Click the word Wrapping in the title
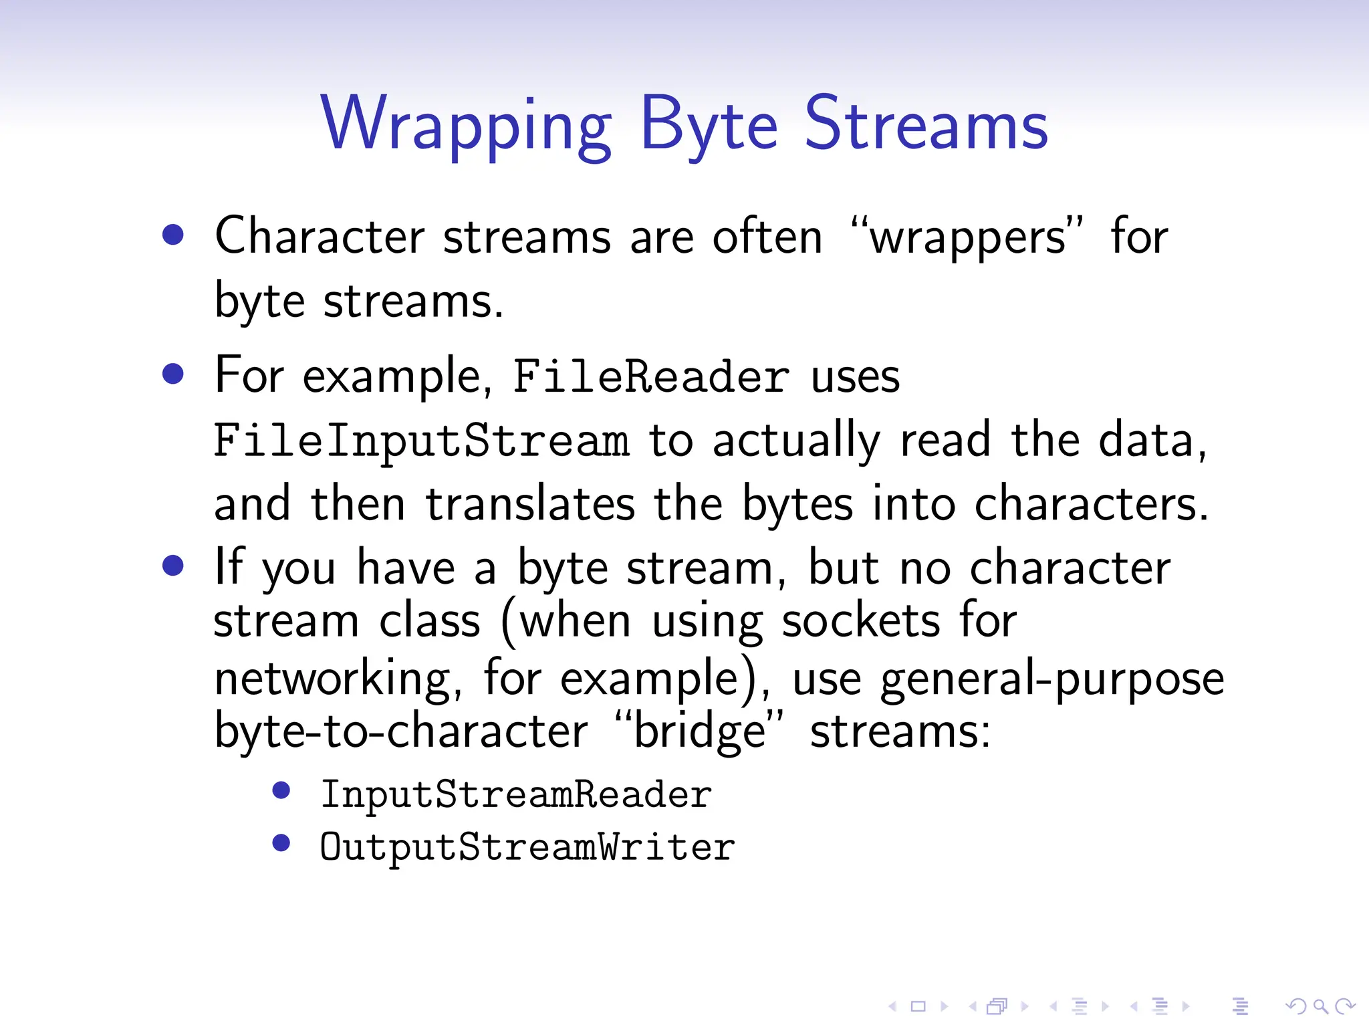pos(466,125)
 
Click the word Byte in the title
pos(709,125)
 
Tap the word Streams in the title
pos(926,125)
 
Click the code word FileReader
pos(651,376)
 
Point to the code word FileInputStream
pos(421,441)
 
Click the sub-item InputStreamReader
pos(516,795)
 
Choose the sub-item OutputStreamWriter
pos(527,848)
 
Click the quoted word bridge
pos(699,731)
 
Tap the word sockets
pos(861,621)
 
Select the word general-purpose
pos(1051,679)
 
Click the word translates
pos(530,504)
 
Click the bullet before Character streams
pos(173,235)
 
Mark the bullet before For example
pos(173,374)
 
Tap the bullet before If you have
pos(173,566)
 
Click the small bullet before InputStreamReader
pos(281,791)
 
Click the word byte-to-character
pos(401,731)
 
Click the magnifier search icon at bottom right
pos(1320,1006)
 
